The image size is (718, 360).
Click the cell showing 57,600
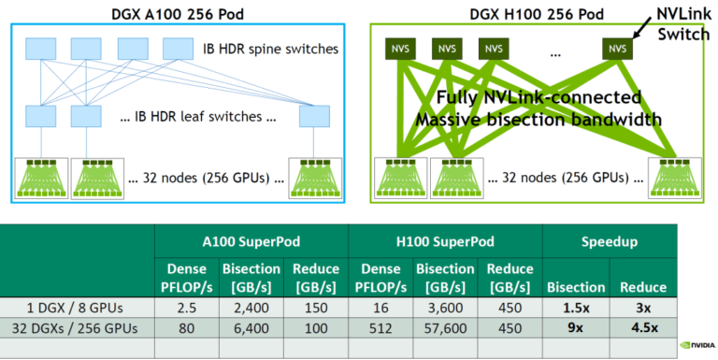click(x=444, y=326)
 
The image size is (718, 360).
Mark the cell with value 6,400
click(x=251, y=326)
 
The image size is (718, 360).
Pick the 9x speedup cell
click(x=573, y=326)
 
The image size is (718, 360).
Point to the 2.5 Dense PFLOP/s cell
click(x=187, y=308)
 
